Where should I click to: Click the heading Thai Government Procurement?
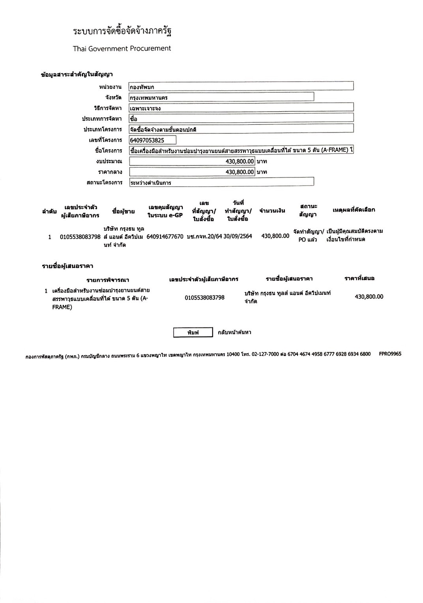point(122,49)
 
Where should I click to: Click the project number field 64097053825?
point(152,140)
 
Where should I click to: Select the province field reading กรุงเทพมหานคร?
point(221,97)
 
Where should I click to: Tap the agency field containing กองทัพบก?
point(241,86)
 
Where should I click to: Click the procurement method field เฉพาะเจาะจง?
point(241,108)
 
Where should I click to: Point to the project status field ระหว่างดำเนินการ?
point(221,182)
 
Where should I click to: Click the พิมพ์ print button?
point(193,333)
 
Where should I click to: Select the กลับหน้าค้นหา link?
point(234,332)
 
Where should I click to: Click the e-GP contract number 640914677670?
point(165,236)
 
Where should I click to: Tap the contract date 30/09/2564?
point(238,236)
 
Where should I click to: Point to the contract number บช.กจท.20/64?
point(204,236)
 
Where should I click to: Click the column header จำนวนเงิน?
point(272,210)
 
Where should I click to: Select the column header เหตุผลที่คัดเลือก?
point(354,210)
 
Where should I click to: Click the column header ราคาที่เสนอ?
point(359,278)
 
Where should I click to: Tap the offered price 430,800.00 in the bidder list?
point(369,297)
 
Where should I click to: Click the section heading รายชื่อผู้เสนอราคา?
point(67,266)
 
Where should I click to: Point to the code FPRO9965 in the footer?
point(390,354)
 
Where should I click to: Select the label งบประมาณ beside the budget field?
point(109,161)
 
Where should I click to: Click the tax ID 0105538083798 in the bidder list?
point(204,297)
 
